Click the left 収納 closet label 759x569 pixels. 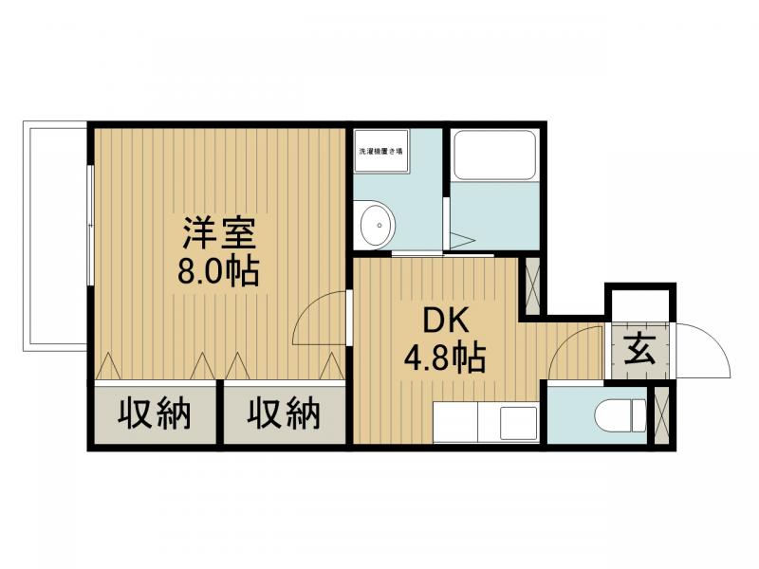point(155,414)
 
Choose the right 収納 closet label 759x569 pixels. point(284,414)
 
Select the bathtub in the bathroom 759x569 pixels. point(493,154)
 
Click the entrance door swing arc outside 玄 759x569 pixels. point(700,351)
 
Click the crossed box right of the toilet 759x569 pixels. point(662,414)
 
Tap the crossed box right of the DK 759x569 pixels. point(532,285)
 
